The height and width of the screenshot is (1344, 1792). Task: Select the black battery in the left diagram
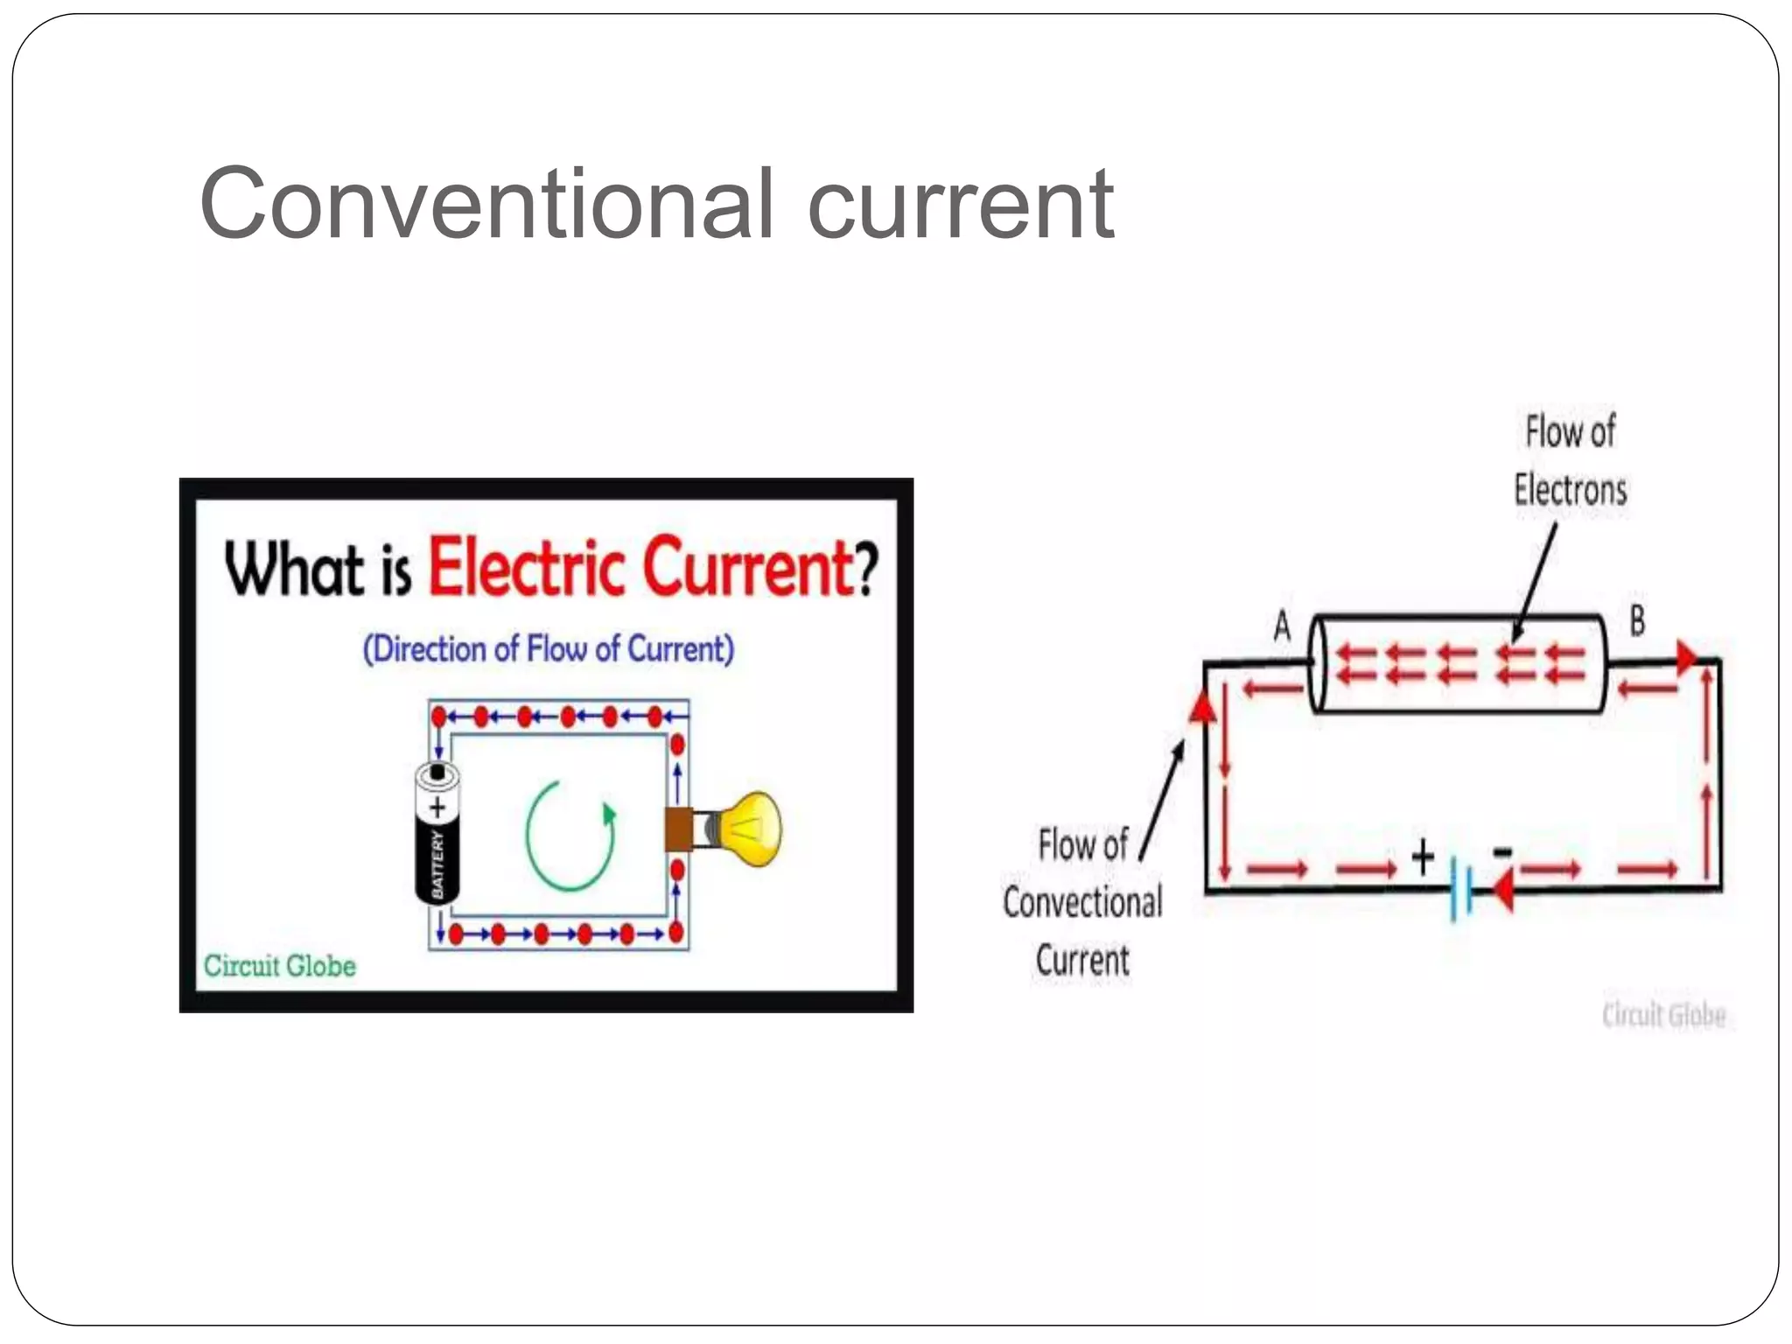437,834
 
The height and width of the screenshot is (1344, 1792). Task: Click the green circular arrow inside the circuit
570,835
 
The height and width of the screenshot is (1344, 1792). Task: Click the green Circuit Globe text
280,966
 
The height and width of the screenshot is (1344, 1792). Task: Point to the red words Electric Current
640,568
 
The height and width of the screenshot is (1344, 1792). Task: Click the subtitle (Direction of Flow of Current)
549,649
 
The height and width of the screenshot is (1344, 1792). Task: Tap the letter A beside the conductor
1282,626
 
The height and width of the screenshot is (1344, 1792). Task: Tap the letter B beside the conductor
1637,620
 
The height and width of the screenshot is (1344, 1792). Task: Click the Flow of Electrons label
1571,461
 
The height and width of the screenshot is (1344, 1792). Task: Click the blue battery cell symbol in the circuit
1460,890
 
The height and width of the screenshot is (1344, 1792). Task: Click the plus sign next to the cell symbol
1423,857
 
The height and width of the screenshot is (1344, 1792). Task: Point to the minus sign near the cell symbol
1501,851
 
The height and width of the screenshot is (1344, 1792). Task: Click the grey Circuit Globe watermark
1663,1015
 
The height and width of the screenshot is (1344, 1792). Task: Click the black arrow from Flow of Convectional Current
1162,801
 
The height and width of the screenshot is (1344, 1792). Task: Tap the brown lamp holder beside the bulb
679,829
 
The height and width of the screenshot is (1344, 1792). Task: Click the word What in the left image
294,570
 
